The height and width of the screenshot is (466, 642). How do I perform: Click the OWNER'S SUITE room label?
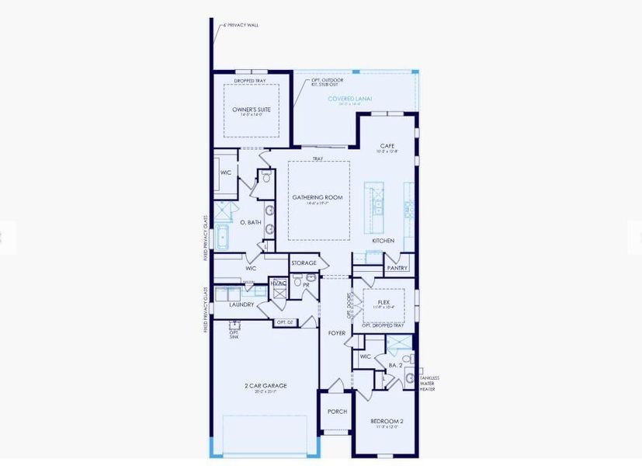pos(252,110)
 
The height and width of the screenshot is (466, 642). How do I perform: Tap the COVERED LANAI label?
pos(349,99)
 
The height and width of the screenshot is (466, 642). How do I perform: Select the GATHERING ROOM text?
pos(317,197)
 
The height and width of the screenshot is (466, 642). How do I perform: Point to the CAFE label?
pos(387,145)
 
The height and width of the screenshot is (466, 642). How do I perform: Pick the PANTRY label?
pos(397,268)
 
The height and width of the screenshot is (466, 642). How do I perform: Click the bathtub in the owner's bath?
pos(223,234)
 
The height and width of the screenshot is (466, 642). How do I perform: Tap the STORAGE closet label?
pos(304,263)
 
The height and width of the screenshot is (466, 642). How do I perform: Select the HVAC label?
pos(279,283)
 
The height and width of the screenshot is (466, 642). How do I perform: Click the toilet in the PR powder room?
pos(311,278)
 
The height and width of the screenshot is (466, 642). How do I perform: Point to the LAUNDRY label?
pos(241,304)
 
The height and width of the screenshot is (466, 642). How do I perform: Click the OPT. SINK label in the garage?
pos(234,334)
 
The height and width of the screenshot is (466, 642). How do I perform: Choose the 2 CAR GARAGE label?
pos(265,385)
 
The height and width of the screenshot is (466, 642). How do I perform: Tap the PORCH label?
pos(337,412)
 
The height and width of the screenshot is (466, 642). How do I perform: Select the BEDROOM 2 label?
pos(386,421)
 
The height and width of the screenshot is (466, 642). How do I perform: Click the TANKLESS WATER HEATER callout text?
pos(429,383)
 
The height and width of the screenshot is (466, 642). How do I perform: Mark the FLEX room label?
pos(383,301)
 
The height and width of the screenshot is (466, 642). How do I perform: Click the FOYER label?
pos(336,333)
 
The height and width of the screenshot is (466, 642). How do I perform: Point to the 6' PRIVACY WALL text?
pos(241,25)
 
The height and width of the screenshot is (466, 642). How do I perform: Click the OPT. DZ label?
pos(286,322)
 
